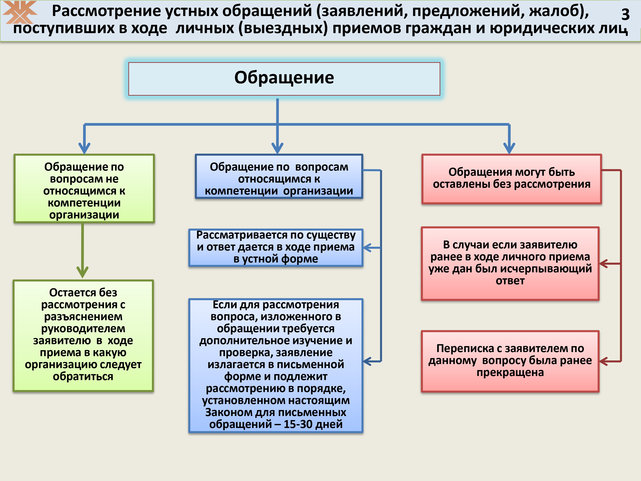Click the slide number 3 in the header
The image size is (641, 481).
pyautogui.click(x=625, y=14)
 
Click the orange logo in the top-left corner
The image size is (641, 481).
pyautogui.click(x=20, y=12)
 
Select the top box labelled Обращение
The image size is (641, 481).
pyautogui.click(x=284, y=79)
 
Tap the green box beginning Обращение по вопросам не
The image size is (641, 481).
pyautogui.click(x=84, y=189)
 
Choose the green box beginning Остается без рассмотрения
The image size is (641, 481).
pyautogui.click(x=83, y=336)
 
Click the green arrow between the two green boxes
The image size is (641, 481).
pyautogui.click(x=83, y=251)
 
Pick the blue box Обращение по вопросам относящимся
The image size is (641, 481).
pyautogui.click(x=279, y=176)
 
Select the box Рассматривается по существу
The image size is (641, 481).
pyautogui.click(x=276, y=248)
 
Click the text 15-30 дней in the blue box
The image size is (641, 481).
pyautogui.click(x=313, y=424)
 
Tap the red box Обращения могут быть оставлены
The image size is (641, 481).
pyautogui.click(x=512, y=179)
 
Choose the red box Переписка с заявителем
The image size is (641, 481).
pyautogui.click(x=510, y=361)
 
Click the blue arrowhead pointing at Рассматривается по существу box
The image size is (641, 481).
pyautogui.click(x=368, y=248)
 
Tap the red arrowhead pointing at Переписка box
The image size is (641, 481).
pyautogui.click(x=604, y=361)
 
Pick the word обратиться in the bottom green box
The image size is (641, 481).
pyautogui.click(x=83, y=376)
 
